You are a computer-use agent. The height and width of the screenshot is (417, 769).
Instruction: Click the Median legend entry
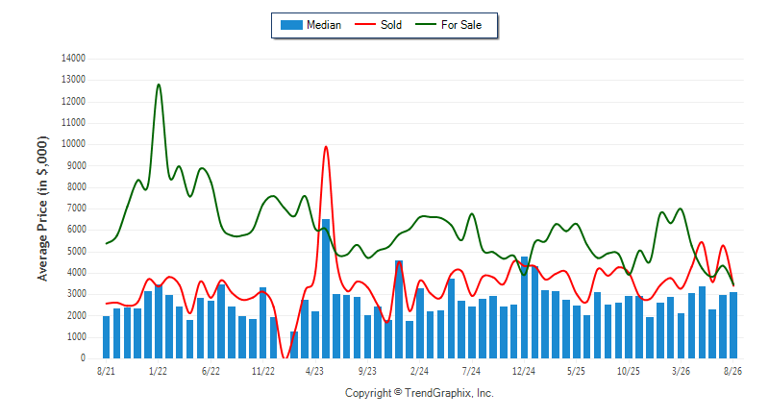click(310, 25)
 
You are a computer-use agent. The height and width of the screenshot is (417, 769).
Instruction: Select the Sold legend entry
click(378, 25)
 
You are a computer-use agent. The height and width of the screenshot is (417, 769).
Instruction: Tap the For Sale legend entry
click(448, 25)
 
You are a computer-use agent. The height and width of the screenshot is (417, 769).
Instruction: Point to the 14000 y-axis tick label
click(73, 59)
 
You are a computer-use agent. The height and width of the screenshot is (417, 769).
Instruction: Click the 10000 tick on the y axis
click(73, 144)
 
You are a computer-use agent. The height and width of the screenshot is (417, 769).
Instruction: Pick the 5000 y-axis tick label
click(76, 252)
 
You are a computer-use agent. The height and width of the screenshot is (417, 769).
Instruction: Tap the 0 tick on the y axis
click(83, 358)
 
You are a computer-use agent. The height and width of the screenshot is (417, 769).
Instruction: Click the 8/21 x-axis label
click(106, 372)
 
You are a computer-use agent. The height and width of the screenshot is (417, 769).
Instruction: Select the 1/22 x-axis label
click(158, 372)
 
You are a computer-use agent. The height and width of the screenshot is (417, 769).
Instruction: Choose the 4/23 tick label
click(315, 372)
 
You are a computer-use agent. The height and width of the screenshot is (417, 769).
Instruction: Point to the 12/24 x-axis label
click(524, 372)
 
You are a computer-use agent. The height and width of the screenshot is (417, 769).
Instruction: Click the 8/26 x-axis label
click(732, 372)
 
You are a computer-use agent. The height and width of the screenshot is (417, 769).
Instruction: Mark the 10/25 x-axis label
click(629, 372)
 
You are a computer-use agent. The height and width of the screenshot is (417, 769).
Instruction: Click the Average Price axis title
click(42, 208)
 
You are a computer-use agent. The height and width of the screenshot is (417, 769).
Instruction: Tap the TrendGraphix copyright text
click(419, 393)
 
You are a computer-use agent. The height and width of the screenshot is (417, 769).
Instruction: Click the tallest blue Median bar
click(326, 288)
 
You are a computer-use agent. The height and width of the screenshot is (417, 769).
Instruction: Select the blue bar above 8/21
click(106, 337)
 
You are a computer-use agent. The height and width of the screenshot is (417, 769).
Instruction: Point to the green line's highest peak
click(159, 85)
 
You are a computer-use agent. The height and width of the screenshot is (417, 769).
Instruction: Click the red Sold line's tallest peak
click(326, 146)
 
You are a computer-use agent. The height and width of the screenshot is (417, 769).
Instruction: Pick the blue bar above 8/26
click(733, 326)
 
